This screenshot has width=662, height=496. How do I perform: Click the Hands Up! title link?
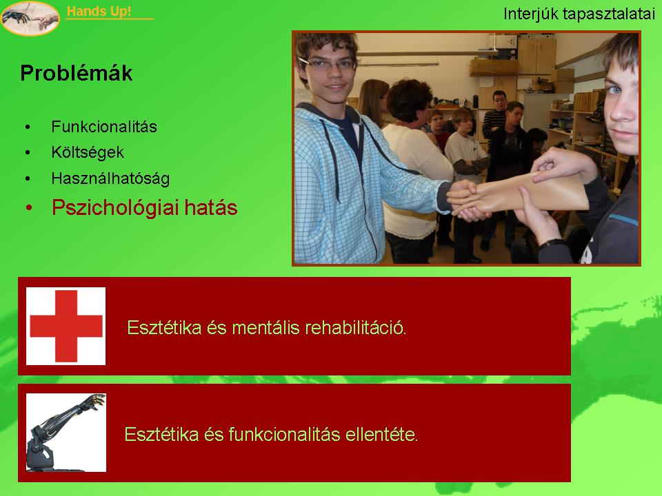[99, 12]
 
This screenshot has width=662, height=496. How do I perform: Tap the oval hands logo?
[30, 18]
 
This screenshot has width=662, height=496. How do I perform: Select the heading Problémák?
[77, 73]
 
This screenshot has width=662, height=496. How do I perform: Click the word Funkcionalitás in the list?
[104, 127]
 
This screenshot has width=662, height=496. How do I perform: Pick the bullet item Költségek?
[88, 152]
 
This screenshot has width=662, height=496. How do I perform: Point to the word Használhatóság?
[110, 179]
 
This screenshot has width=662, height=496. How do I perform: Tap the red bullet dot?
[29, 208]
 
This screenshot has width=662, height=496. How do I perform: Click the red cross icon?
[66, 326]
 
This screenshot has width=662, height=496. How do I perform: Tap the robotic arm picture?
[66, 433]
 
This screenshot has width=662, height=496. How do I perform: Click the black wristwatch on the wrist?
[553, 244]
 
